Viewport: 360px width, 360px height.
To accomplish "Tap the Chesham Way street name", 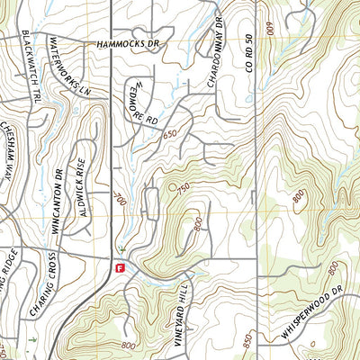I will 9,162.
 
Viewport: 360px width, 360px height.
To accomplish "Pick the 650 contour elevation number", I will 170,134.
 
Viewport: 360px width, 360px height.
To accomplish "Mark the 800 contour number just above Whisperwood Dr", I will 334,268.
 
